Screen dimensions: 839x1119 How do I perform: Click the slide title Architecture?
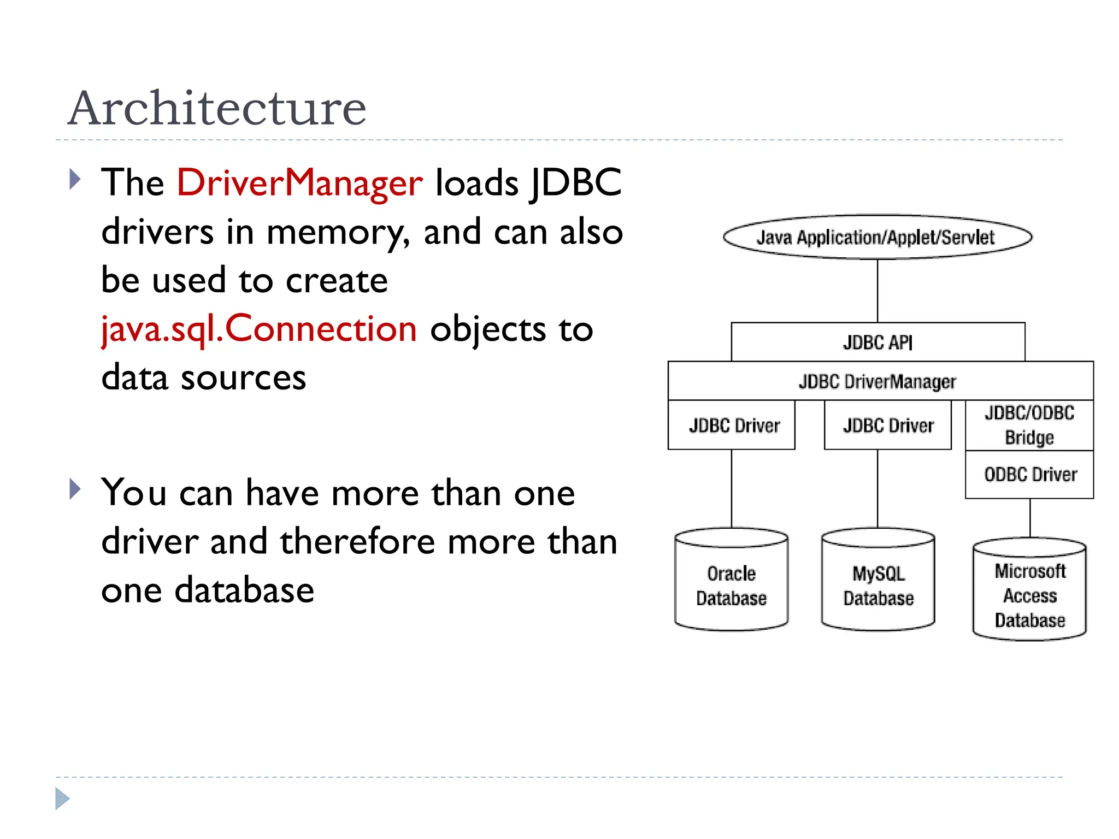pyautogui.click(x=216, y=108)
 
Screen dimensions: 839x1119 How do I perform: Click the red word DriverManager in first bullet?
pyautogui.click(x=299, y=182)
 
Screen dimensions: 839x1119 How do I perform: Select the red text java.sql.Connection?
pyautogui.click(x=259, y=329)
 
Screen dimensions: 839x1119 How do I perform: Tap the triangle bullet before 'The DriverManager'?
pyautogui.click(x=75, y=179)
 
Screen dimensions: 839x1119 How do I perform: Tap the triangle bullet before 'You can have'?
pyautogui.click(x=75, y=489)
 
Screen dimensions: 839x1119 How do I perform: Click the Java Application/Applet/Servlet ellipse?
pyautogui.click(x=877, y=237)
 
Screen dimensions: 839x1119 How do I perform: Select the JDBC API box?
pyautogui.click(x=877, y=342)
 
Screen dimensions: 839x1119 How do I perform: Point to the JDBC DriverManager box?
pyautogui.click(x=877, y=381)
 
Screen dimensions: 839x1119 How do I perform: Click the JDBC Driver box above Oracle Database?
pyautogui.click(x=732, y=425)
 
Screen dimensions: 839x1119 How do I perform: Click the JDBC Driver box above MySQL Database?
pyautogui.click(x=887, y=425)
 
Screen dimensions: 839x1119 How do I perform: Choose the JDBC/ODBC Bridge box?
pyautogui.click(x=1029, y=425)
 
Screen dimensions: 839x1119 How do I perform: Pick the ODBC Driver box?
pyautogui.click(x=1029, y=474)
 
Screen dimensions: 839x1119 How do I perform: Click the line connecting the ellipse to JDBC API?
pyautogui.click(x=877, y=291)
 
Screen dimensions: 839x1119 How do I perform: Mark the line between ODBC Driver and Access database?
pyautogui.click(x=1030, y=518)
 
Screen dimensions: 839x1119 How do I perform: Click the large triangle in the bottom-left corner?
pyautogui.click(x=62, y=799)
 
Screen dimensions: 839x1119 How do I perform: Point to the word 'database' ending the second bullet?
pyautogui.click(x=244, y=590)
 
